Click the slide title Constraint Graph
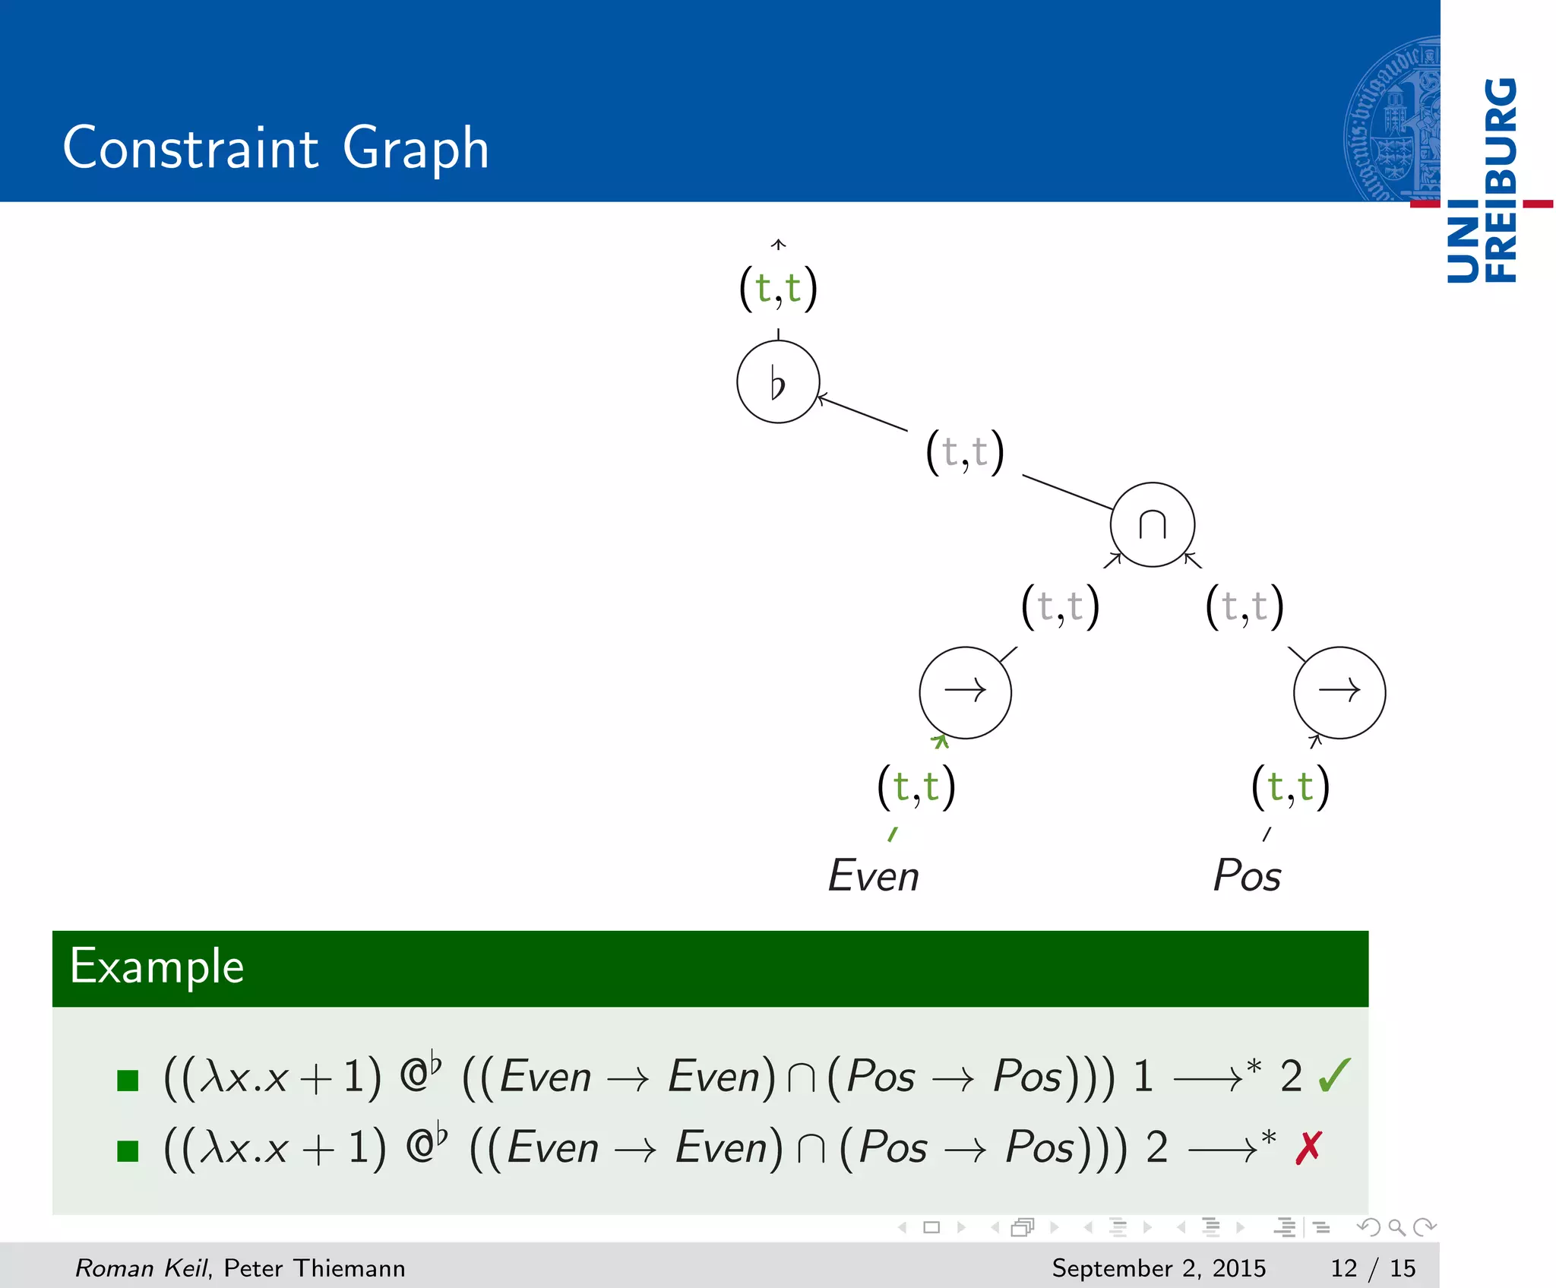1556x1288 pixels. tap(276, 147)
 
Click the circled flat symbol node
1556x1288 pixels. tap(778, 381)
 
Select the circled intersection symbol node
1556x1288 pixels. tap(1152, 524)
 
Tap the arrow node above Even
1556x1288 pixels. tap(965, 691)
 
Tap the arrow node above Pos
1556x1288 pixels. tap(1339, 691)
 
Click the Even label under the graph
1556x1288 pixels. tap(874, 875)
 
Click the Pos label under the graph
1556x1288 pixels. tap(1248, 875)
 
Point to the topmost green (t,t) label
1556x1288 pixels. tap(778, 289)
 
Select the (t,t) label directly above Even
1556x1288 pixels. tap(916, 787)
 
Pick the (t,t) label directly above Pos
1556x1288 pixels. tap(1290, 787)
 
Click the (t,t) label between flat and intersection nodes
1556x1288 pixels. tap(965, 452)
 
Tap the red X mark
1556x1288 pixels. tap(1309, 1147)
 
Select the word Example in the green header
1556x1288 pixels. tap(157, 967)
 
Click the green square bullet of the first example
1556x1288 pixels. tap(128, 1080)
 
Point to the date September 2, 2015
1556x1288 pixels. tap(1159, 1267)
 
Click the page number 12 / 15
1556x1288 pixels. tap(1373, 1267)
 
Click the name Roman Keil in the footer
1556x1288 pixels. tap(141, 1267)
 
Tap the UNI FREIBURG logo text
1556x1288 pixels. tap(1482, 180)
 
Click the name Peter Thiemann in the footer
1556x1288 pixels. tap(315, 1267)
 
